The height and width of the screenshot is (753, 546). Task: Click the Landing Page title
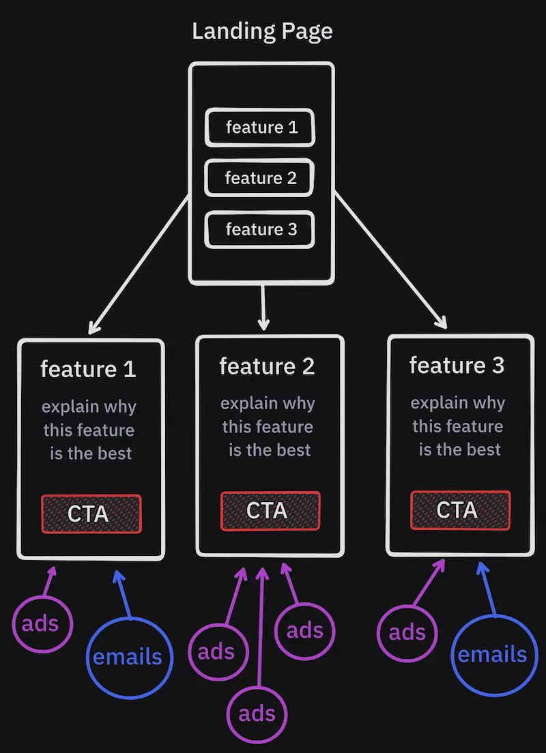pos(262,31)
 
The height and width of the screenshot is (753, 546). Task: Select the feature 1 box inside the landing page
pos(260,128)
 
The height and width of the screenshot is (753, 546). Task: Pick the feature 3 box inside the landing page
pos(260,229)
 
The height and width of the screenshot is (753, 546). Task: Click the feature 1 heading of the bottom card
pos(89,369)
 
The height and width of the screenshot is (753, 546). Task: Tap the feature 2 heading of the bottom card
pos(267,367)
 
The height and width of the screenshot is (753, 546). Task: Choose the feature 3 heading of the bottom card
pos(457,366)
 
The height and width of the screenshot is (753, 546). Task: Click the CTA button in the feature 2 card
pos(270,511)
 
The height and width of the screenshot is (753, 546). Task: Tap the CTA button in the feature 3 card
pos(460,510)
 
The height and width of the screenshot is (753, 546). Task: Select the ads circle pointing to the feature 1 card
pos(42,623)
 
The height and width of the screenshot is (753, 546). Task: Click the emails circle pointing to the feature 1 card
pos(127,658)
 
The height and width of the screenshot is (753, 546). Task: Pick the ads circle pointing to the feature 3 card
pos(408,632)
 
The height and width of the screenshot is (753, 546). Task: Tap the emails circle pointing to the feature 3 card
pos(492,655)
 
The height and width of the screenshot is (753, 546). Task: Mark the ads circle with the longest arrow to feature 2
pos(257,713)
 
